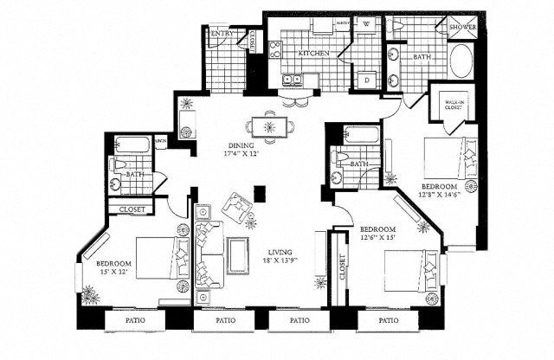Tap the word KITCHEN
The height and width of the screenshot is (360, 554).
click(x=311, y=53)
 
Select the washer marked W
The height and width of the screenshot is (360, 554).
click(x=366, y=24)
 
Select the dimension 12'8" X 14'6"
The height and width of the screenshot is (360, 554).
click(x=439, y=195)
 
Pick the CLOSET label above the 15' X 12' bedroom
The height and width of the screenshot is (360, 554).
click(x=132, y=209)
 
